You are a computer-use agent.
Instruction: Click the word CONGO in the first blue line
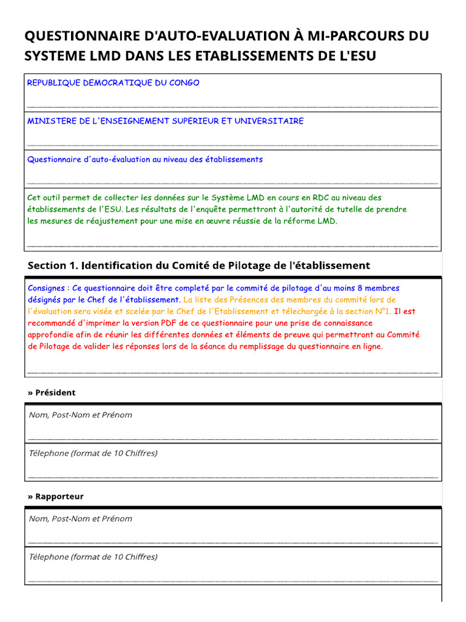pos(185,83)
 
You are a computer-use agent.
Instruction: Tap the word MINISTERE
pos(50,121)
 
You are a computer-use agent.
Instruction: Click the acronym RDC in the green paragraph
pos(321,197)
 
